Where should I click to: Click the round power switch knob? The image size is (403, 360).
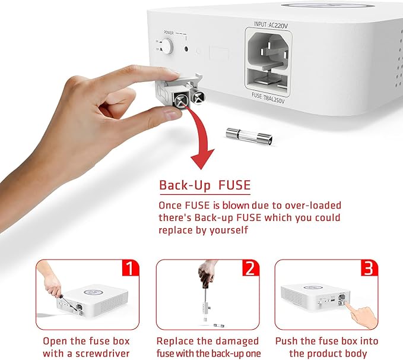click(x=167, y=46)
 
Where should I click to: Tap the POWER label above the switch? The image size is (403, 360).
click(x=169, y=33)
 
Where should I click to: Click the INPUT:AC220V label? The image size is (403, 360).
click(x=271, y=25)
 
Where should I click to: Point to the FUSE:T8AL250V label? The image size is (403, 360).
click(x=268, y=98)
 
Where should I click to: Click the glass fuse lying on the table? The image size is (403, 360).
click(x=249, y=136)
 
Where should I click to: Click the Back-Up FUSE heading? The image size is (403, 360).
click(x=205, y=185)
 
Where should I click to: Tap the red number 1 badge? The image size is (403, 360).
click(x=131, y=268)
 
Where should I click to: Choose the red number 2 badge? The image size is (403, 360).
click(x=251, y=268)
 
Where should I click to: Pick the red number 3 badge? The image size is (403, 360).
click(x=369, y=268)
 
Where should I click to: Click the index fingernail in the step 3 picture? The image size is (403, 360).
click(x=347, y=304)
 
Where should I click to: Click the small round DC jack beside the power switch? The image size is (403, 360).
click(x=186, y=49)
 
